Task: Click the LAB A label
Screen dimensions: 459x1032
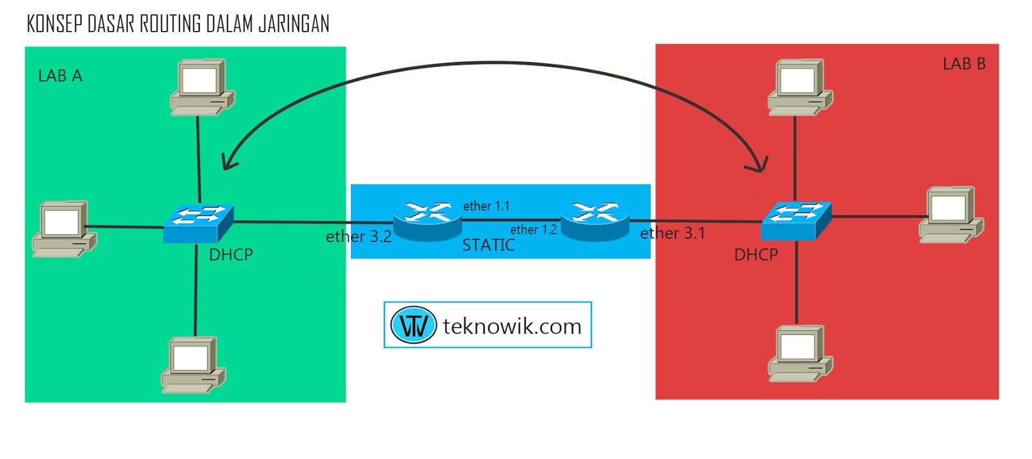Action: [x=60, y=76]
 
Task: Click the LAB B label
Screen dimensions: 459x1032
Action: [x=964, y=64]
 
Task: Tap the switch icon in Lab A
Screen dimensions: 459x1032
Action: [x=198, y=223]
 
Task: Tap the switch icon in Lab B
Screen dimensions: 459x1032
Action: [x=796, y=221]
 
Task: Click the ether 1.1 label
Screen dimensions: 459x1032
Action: [x=486, y=206]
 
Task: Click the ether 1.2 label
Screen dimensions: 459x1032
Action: [x=533, y=230]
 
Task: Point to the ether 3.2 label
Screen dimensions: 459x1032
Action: [x=359, y=237]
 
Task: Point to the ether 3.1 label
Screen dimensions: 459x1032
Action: [x=672, y=233]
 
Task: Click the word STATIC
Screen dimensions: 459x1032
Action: [x=488, y=245]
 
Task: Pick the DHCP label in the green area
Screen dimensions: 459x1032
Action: [x=230, y=255]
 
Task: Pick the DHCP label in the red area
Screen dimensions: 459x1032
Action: [x=756, y=255]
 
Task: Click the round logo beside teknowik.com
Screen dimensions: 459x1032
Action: [x=413, y=325]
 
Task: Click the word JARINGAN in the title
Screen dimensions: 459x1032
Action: [x=293, y=24]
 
